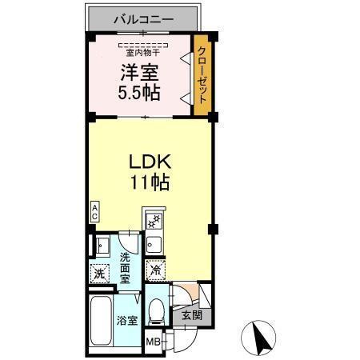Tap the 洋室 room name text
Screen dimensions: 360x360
tap(138, 71)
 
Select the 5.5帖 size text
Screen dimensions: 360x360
tap(138, 92)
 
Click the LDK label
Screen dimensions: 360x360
tap(150, 159)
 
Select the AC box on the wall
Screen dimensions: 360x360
tap(94, 212)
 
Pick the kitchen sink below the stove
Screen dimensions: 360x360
tap(155, 242)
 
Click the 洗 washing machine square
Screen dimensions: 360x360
tap(99, 273)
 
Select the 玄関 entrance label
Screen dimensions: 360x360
tap(190, 315)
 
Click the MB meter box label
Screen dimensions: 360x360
tap(152, 342)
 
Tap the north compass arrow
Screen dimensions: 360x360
tap(258, 335)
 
